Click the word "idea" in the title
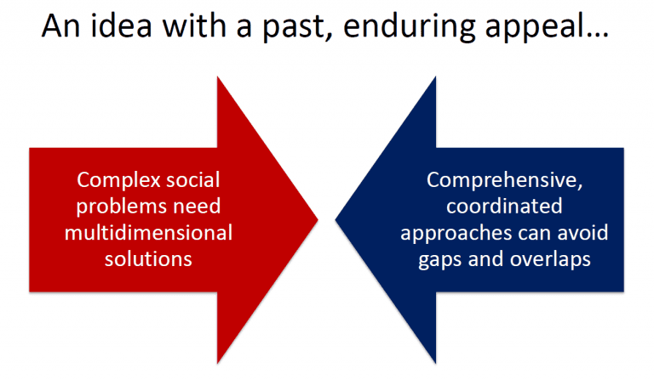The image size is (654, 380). pyautogui.click(x=121, y=26)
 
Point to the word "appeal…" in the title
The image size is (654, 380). pyautogui.click(x=547, y=28)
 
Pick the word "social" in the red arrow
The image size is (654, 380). pyautogui.click(x=192, y=180)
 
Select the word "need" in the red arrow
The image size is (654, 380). pyautogui.click(x=197, y=206)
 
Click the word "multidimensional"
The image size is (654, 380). pyautogui.click(x=148, y=233)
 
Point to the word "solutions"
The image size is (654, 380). pyautogui.click(x=148, y=259)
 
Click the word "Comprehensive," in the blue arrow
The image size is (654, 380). pyautogui.click(x=504, y=180)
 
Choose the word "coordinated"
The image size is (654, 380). pyautogui.click(x=504, y=206)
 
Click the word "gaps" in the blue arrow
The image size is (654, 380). pyautogui.click(x=440, y=260)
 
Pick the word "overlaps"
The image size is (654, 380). pyautogui.click(x=550, y=260)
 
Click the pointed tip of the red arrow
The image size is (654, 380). pyautogui.click(x=318, y=220)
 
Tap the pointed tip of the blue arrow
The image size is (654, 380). pyautogui.click(x=336, y=220)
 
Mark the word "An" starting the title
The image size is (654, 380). pyautogui.click(x=60, y=26)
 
